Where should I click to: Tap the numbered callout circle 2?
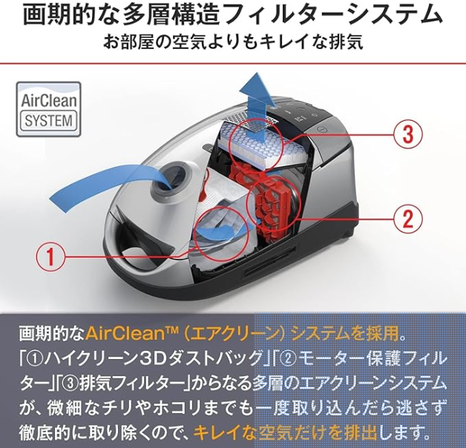408,218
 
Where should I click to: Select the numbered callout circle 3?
408,134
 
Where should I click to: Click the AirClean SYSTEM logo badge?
48,109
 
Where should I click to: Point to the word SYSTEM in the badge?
49,121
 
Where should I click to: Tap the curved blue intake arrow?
110,185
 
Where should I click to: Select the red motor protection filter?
270,202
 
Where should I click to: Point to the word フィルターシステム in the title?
330,16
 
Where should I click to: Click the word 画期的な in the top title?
68,16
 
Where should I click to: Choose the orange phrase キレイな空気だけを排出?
285,434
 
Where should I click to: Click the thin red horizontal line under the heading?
233,63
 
